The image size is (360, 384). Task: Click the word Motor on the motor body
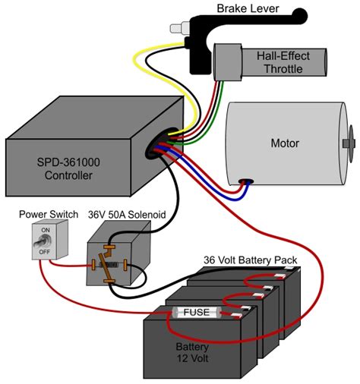285,143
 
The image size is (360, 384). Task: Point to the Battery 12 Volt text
191,351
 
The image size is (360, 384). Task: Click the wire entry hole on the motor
246,182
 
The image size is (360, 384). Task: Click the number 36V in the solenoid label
99,214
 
